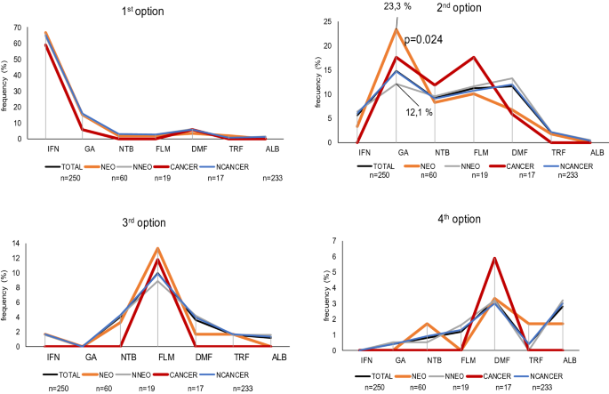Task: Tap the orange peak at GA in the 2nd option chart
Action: coord(397,29)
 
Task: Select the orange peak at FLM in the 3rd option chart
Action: coord(157,248)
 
